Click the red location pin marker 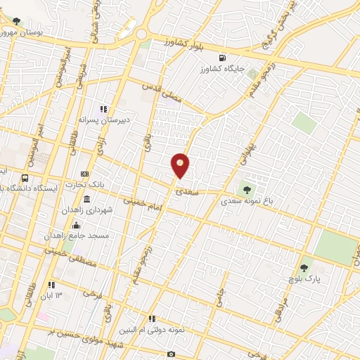(x=180, y=164)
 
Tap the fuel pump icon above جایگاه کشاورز (x=224, y=58)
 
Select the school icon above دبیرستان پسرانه (x=103, y=109)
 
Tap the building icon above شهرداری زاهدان (x=86, y=200)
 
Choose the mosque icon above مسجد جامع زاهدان (x=76, y=225)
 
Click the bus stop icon (x=25, y=178)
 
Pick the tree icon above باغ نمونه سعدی (x=247, y=188)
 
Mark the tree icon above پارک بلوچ (x=304, y=267)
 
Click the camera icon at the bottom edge (x=171, y=354)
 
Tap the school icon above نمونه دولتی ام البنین (x=153, y=319)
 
